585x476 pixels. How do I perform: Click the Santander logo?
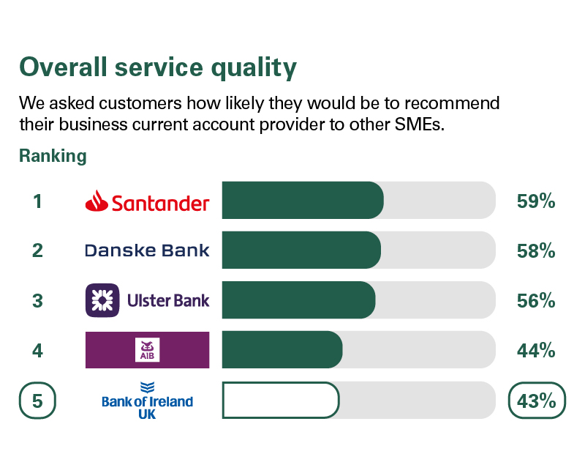point(148,201)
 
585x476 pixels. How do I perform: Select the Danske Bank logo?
point(148,250)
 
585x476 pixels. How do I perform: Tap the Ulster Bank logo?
point(148,300)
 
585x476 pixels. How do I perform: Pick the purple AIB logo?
point(148,350)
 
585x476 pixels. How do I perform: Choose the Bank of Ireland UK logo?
point(148,400)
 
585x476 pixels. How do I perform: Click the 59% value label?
point(536,201)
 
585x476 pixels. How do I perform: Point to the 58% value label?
point(536,250)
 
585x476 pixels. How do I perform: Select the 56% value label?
point(536,300)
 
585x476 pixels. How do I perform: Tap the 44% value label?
point(536,350)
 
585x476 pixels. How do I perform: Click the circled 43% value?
point(537,401)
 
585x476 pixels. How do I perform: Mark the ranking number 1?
point(37,201)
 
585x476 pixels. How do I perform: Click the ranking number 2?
point(37,250)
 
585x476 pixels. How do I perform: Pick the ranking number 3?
point(37,300)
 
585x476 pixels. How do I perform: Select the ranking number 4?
point(37,350)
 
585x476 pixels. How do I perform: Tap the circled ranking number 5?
point(37,401)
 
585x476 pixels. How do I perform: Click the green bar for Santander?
point(303,201)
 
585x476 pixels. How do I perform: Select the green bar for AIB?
point(282,350)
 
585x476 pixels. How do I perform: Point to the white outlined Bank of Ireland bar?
point(281,400)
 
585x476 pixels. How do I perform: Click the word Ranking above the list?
point(53,156)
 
